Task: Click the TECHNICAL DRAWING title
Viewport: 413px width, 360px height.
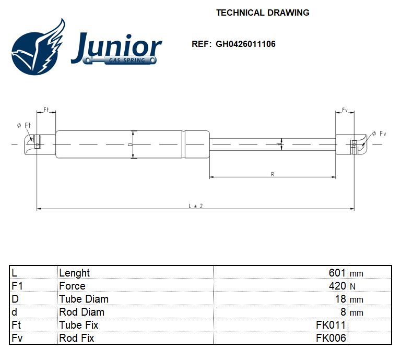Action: pos(263,13)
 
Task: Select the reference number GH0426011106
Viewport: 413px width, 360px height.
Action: pos(245,44)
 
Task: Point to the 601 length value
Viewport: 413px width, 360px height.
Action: pos(337,273)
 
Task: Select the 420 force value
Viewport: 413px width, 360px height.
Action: pos(337,286)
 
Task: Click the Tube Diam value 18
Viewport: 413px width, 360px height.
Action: pos(340,299)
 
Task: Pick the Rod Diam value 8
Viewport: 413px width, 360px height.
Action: pos(343,312)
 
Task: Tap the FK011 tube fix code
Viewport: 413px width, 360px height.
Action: pos(331,325)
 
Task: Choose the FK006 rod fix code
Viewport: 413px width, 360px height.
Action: pos(331,338)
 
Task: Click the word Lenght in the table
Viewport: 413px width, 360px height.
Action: pos(74,273)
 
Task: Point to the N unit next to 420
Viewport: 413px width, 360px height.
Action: pos(352,286)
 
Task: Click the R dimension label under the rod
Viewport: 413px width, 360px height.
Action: pos(273,174)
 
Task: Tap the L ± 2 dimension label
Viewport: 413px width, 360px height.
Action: pos(195,206)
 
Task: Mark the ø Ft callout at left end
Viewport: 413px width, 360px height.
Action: pos(24,125)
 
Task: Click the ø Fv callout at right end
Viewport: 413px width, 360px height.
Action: pos(379,134)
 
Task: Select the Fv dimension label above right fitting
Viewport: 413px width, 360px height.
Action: pos(345,110)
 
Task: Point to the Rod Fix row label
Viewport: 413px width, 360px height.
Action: pos(76,338)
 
